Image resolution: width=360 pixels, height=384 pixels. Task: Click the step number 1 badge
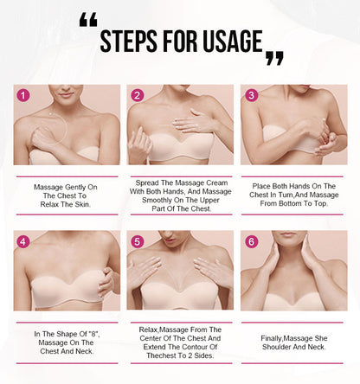[23, 96]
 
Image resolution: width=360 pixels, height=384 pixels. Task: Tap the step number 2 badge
[137, 96]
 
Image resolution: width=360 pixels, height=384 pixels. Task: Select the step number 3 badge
[251, 96]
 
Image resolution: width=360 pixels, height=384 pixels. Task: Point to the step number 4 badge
[23, 241]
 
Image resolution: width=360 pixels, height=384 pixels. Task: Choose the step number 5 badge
[137, 241]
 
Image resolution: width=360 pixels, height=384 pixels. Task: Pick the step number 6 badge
[251, 241]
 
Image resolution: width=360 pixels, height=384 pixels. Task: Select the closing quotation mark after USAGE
[274, 58]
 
